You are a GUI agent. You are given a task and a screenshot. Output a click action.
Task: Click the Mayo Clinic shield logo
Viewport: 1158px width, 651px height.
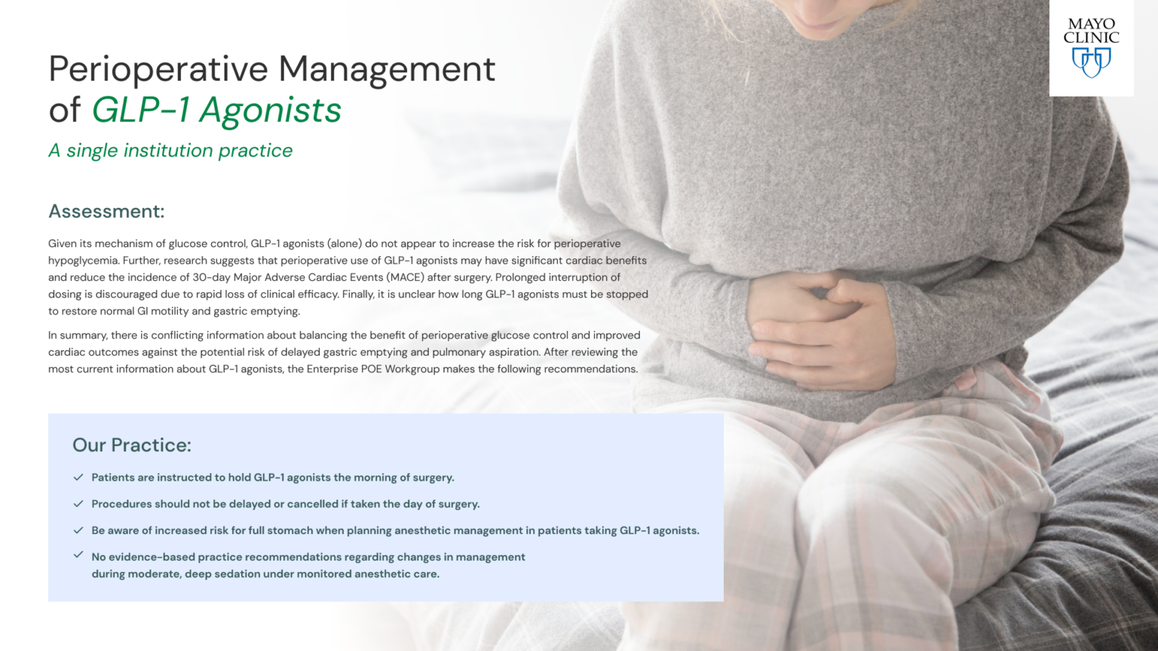pos(1091,63)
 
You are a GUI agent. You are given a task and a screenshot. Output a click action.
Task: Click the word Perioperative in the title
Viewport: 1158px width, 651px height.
pos(158,69)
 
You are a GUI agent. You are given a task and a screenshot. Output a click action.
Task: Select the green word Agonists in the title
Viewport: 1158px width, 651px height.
pos(270,110)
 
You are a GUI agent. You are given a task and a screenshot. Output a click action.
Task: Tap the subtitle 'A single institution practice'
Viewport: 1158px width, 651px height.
pos(170,151)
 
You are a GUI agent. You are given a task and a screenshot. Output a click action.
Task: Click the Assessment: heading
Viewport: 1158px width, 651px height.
pos(106,212)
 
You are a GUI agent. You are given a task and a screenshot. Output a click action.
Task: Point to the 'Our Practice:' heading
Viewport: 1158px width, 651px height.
pos(132,445)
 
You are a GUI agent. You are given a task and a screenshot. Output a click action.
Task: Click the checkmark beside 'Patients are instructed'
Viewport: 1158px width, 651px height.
pos(78,477)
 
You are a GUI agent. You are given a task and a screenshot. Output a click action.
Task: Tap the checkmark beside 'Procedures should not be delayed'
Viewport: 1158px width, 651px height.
pos(78,503)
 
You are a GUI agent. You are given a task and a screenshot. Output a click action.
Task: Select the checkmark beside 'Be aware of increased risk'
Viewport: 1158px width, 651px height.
pos(78,530)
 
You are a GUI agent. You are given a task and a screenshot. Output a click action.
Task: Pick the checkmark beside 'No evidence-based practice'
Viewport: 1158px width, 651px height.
pos(78,555)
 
